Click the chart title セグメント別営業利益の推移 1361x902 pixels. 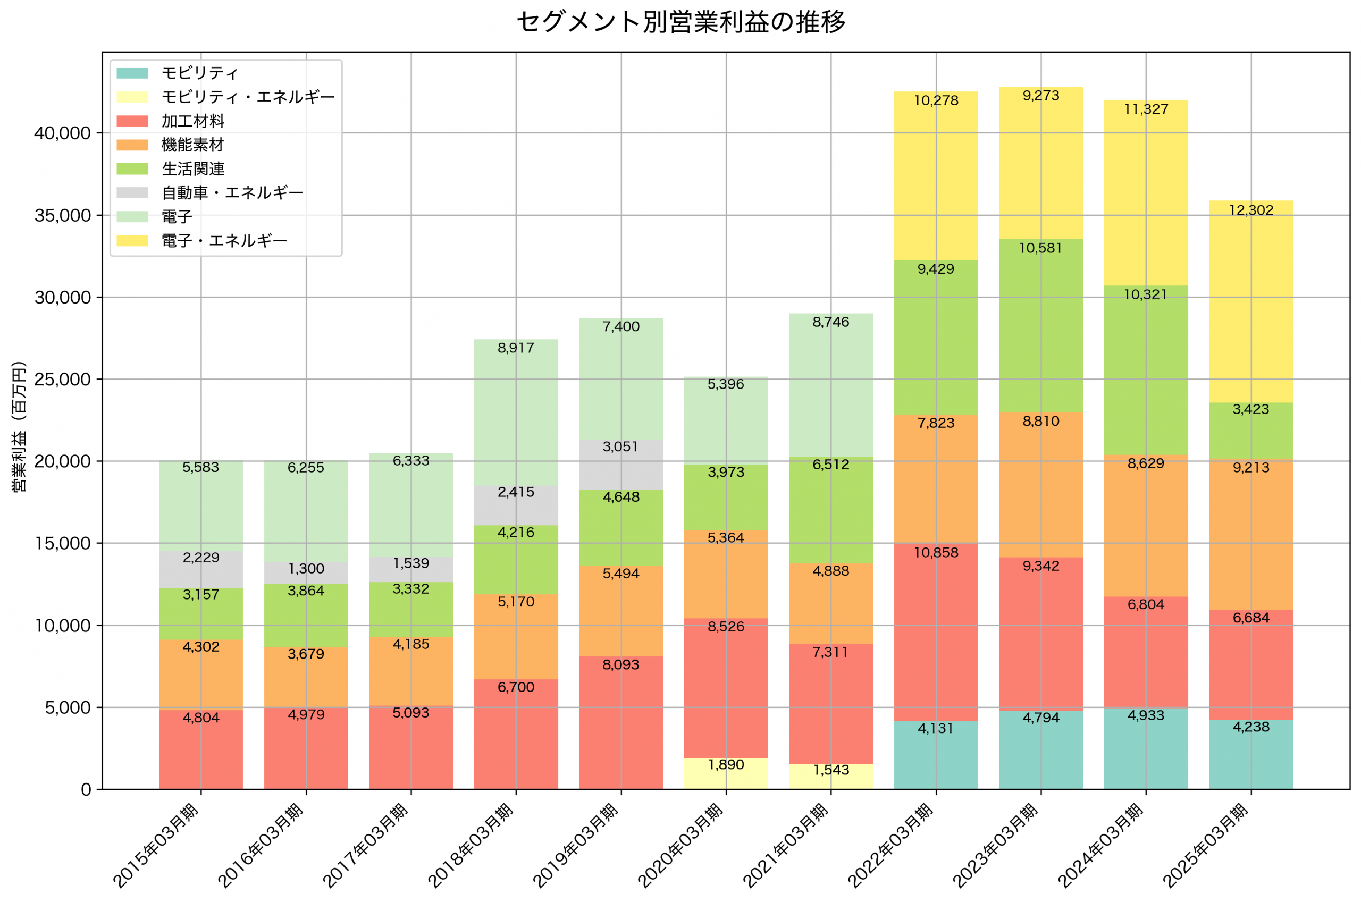point(680,22)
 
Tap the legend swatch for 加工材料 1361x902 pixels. point(132,121)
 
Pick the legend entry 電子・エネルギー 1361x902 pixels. point(224,240)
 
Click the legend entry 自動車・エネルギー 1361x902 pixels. point(232,193)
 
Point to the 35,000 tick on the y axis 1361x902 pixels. point(63,216)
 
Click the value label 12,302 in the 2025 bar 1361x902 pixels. point(1250,210)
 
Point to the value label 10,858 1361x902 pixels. point(936,553)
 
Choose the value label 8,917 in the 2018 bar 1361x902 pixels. point(516,348)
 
